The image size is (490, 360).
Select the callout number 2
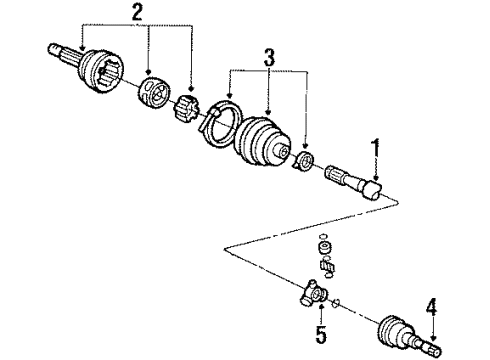click(x=137, y=13)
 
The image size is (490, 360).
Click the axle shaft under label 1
click(x=355, y=184)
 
